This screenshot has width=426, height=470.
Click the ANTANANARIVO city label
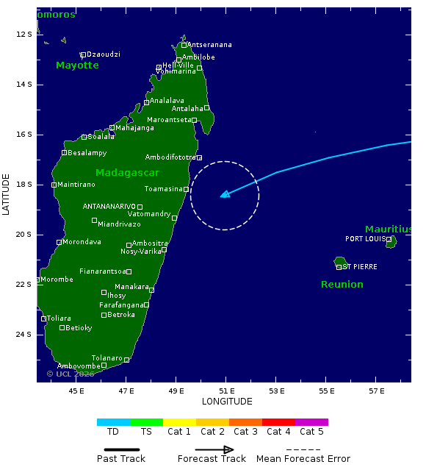109,207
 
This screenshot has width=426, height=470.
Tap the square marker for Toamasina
187,190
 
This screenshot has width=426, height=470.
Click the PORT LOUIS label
365,239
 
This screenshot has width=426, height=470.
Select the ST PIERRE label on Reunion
360,267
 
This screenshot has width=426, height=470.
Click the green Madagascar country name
127,172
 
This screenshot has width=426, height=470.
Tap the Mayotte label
77,65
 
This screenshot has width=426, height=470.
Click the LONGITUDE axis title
227,402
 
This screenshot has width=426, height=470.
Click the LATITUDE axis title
7,194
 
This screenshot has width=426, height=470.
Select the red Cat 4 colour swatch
278,422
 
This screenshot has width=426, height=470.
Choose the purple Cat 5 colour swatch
311,422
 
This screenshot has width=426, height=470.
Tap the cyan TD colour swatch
113,422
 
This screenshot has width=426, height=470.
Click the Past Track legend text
121,459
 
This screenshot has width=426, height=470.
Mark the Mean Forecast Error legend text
303,459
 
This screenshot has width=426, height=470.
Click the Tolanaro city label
106,358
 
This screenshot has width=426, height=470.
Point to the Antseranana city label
211,45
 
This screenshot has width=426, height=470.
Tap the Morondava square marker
59,242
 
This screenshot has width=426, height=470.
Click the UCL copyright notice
71,374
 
